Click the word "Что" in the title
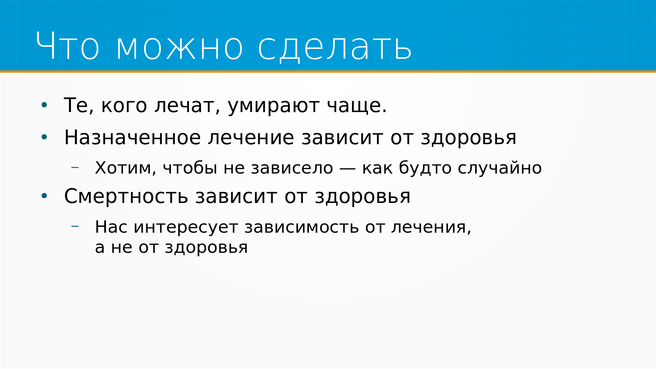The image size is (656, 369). pos(68,46)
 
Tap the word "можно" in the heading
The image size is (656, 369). pos(180,47)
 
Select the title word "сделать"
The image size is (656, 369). pos(335,48)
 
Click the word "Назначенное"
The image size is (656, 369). pos(132,138)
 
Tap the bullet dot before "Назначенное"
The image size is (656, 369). pos(44,137)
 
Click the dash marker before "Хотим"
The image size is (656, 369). pos(75,167)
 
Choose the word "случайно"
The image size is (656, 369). pos(500,168)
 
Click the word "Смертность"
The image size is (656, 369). pos(126,196)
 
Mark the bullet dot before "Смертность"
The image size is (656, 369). pos(44,196)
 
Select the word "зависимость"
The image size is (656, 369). pos(301,227)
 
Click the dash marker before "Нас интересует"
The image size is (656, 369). pos(75,226)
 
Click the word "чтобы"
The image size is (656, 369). pos(190,168)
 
